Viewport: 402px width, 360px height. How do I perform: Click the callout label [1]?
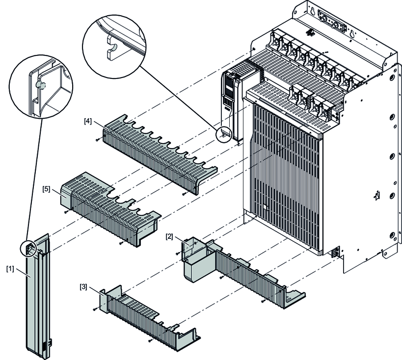point(10,269)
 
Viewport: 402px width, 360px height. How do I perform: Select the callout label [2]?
point(169,236)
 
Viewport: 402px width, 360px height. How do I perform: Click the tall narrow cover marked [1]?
point(37,294)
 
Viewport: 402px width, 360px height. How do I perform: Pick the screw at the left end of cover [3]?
point(93,310)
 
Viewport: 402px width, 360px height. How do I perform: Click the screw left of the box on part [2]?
point(177,253)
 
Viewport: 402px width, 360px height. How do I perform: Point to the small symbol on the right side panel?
point(376,197)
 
